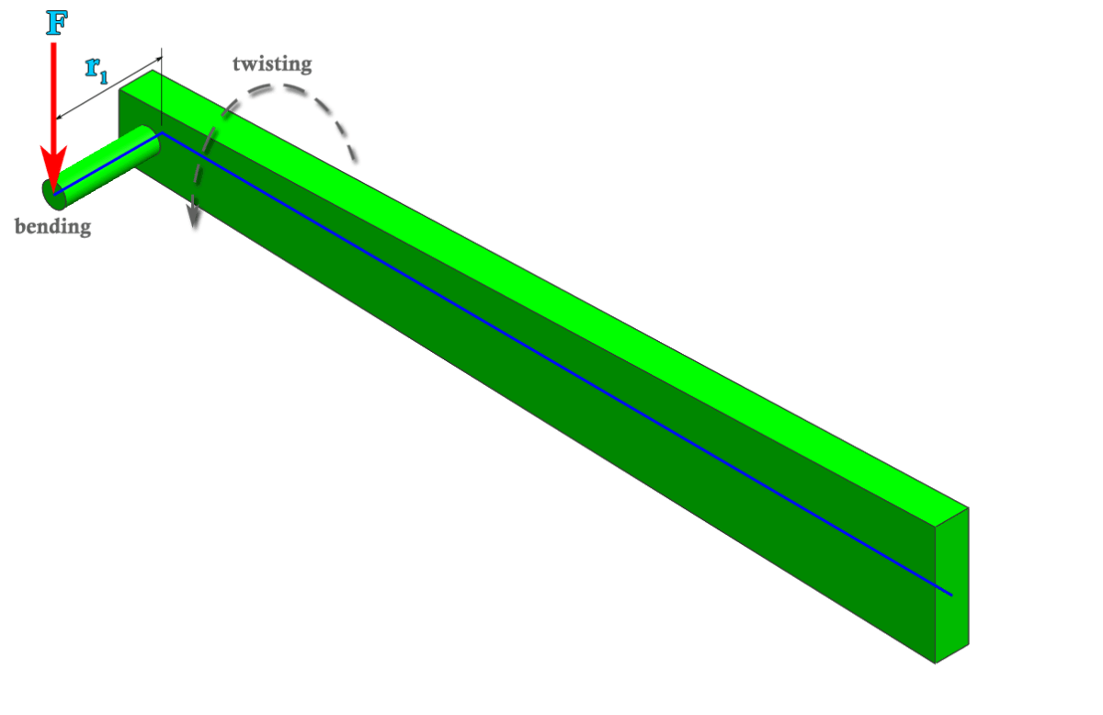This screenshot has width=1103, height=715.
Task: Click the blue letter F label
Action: coord(56,23)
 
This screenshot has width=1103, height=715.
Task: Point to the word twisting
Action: coord(272,63)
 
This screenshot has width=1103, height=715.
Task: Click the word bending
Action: coord(53,226)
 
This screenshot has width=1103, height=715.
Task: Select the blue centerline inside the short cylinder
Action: coord(106,165)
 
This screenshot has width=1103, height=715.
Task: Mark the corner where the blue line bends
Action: coord(163,133)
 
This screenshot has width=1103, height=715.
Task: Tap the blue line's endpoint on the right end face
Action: coord(951,595)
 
